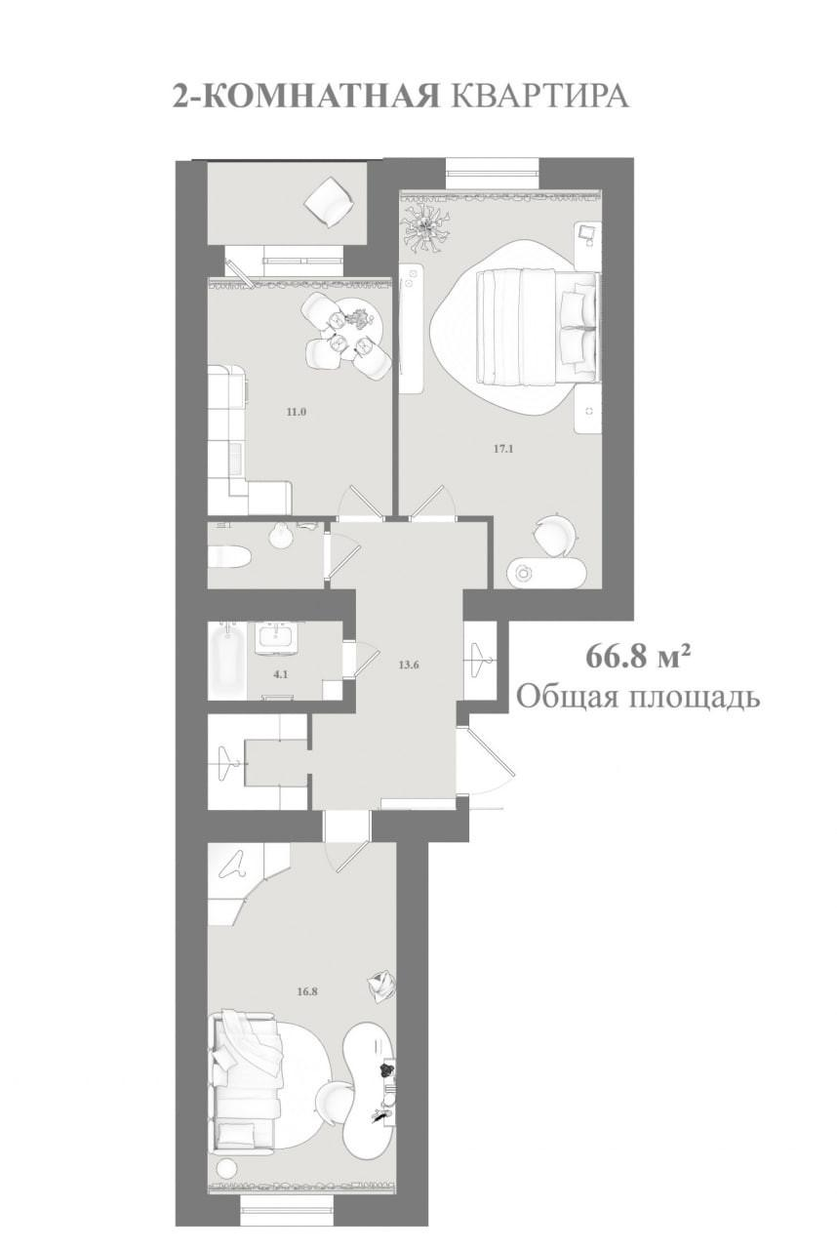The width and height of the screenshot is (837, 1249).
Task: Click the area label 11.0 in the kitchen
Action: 297,413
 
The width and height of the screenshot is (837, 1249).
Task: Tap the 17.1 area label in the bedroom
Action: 502,449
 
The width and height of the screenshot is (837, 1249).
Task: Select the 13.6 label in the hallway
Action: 409,665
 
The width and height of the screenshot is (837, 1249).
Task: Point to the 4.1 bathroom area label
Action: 281,674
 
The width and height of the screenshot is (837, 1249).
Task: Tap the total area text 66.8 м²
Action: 635,657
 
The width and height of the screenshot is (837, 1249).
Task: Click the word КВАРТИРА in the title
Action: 539,97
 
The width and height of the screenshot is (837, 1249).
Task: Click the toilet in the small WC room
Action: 229,556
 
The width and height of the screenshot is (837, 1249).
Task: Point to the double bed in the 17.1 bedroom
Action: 538,326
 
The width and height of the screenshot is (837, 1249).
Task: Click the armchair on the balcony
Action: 329,201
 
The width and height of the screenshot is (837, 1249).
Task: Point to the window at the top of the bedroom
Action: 493,174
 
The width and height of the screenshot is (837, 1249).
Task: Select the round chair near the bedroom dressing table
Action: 553,536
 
